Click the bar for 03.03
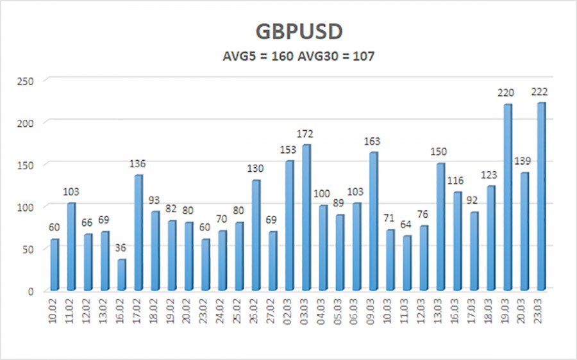(306, 217)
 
